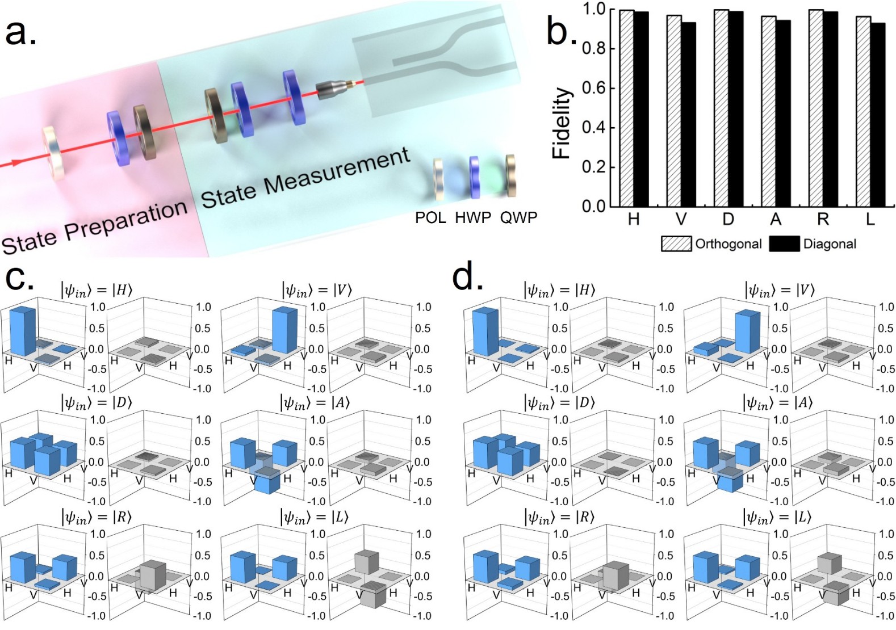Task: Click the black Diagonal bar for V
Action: (x=688, y=114)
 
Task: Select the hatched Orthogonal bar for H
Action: (x=626, y=108)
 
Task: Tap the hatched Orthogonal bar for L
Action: (x=862, y=111)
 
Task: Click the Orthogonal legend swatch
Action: (x=676, y=244)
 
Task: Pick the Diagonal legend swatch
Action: (x=784, y=244)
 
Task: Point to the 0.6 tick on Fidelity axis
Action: (x=593, y=88)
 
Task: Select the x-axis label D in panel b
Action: (x=728, y=219)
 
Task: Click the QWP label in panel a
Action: (x=518, y=217)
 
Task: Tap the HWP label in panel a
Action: (x=472, y=217)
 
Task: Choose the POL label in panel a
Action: (x=430, y=217)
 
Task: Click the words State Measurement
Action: (x=305, y=178)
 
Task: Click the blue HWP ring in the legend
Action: (x=475, y=178)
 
